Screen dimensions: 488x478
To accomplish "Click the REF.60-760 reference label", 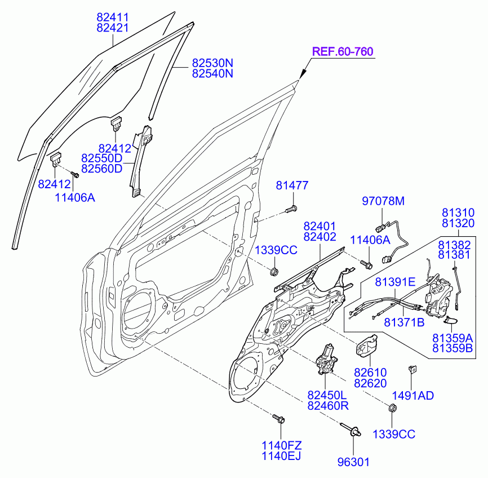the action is [343, 51].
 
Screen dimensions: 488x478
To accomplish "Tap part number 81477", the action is [292, 185].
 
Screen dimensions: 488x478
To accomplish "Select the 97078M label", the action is [383, 201].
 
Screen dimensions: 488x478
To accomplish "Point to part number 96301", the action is [353, 462].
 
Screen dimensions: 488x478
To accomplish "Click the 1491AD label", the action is [412, 396].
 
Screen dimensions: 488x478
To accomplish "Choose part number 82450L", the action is [327, 395].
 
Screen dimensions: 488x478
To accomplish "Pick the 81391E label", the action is [395, 282].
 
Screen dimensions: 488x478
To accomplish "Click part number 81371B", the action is [404, 322].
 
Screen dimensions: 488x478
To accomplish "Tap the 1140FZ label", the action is [282, 445].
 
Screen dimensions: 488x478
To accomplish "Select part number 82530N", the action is [212, 63].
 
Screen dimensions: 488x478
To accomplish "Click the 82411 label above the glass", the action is [112, 17].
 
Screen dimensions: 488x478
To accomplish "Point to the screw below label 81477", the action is [291, 210].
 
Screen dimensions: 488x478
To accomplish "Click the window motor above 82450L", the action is [326, 360].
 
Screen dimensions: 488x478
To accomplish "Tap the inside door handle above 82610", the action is [367, 346].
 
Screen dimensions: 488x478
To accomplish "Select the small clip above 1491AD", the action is [412, 370].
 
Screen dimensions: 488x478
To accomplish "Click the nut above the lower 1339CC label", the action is [393, 408].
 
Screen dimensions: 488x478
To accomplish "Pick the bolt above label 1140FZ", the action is [278, 419].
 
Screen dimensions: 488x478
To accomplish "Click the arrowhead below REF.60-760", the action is [302, 75].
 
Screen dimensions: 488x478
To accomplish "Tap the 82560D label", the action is [102, 169].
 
